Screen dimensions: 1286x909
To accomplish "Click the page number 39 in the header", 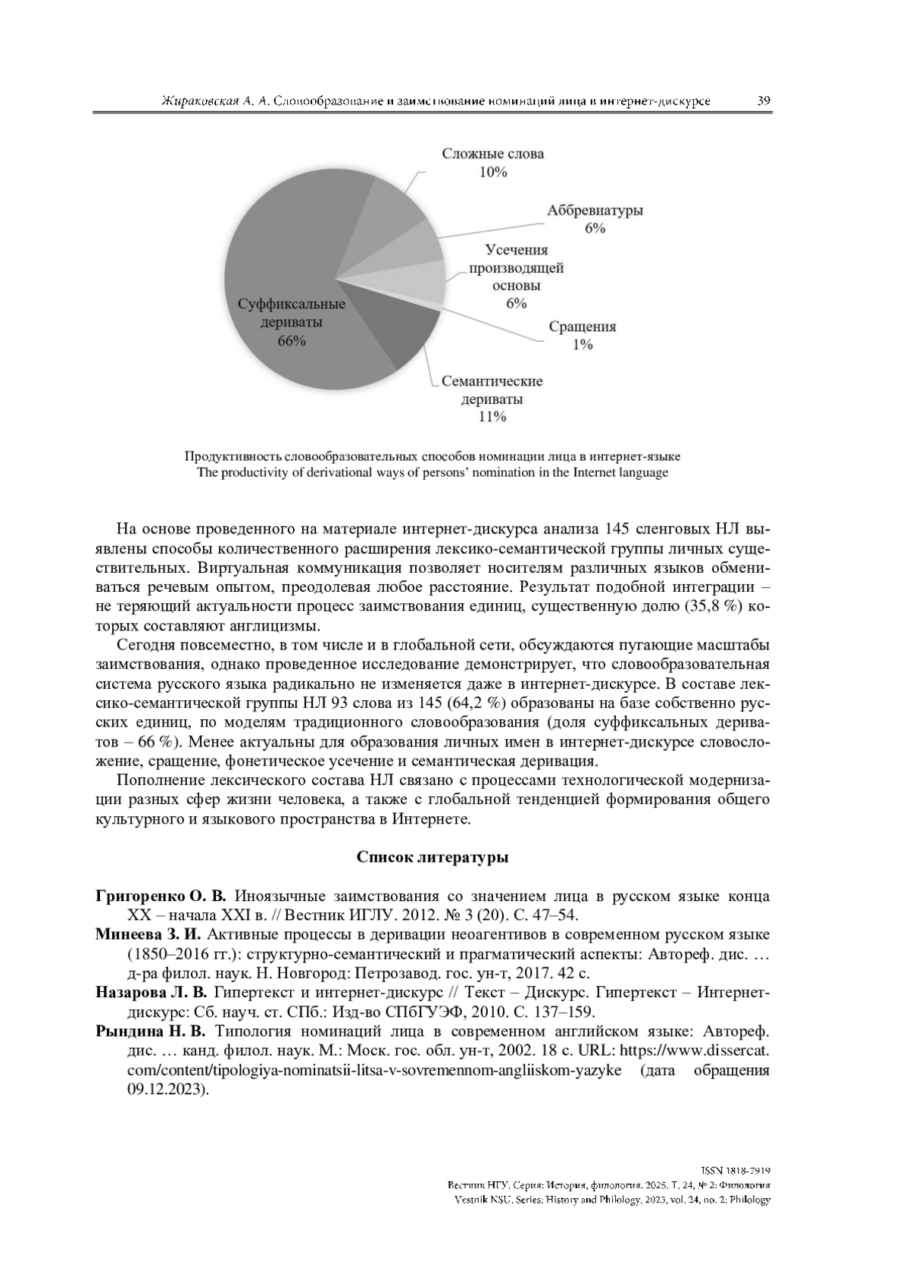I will coord(764,101).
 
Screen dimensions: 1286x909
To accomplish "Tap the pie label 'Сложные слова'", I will coord(492,154).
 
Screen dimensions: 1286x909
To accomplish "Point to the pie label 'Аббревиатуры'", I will coord(595,211).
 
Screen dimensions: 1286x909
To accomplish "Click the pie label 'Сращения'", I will coord(582,327).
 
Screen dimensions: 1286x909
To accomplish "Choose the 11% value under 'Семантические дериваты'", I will coord(492,417).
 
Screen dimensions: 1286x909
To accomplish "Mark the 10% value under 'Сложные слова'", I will coord(492,172).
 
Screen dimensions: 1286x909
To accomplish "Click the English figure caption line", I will coord(433,473).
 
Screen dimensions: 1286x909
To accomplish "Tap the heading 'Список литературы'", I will coord(432,858).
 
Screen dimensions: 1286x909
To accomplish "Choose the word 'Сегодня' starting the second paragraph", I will coord(147,645).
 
